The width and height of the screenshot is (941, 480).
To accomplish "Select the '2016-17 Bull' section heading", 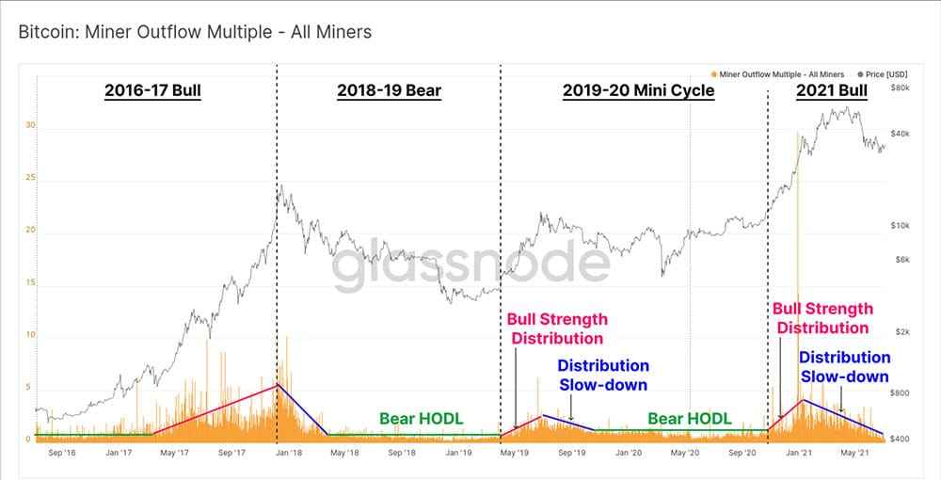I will pos(152,91).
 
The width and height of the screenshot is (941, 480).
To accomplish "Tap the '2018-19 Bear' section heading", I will pos(389,91).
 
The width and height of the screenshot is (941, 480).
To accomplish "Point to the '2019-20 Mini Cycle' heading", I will pos(638,91).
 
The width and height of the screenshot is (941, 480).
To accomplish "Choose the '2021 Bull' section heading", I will pos(831,91).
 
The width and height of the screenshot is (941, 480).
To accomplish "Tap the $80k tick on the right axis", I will pos(899,87).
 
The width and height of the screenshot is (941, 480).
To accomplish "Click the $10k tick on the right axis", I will pos(899,226).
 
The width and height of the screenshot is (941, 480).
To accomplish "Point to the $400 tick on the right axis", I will pos(899,439).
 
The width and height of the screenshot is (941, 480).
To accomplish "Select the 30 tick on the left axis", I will pos(30,124).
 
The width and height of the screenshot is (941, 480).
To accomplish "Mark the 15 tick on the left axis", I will pos(30,282).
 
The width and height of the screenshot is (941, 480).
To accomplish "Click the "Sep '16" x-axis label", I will pos(61,453).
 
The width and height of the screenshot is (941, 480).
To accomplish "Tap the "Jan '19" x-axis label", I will pos(458,453).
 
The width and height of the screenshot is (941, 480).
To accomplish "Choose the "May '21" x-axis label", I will pos(854,453).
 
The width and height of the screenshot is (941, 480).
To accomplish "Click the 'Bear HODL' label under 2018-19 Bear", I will pos(422,418).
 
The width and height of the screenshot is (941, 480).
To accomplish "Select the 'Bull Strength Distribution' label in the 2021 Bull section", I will pos(822,318).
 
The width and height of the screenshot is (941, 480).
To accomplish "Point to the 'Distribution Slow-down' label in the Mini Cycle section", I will pos(603,375).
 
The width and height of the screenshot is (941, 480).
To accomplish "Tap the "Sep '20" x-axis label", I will pos(742,453).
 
